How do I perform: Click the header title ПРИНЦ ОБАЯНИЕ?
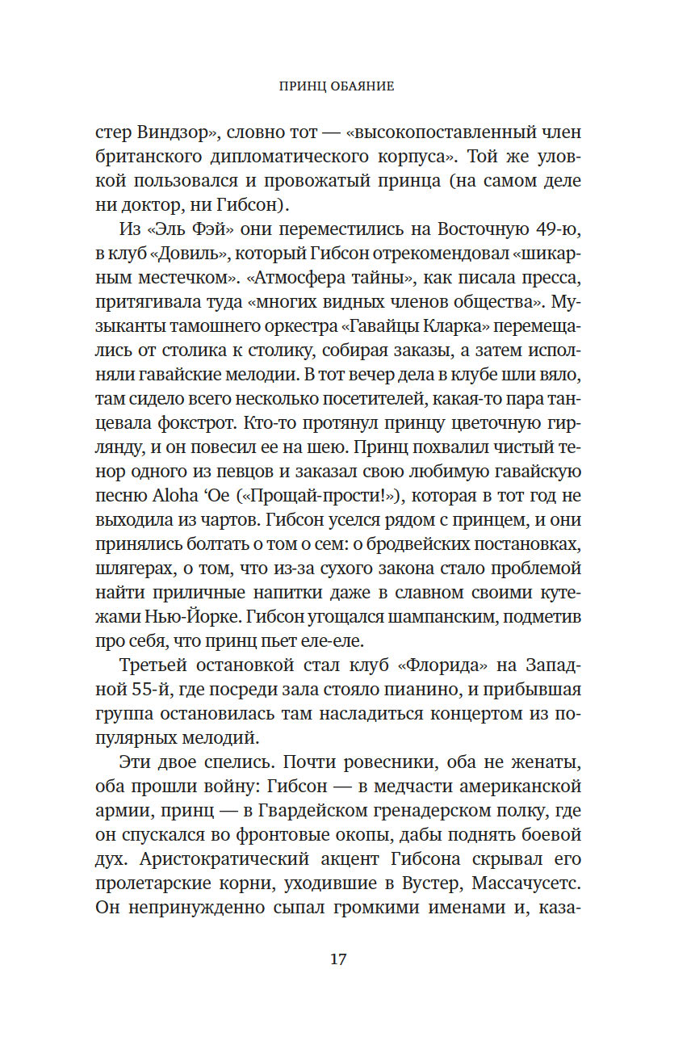pos(337,86)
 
